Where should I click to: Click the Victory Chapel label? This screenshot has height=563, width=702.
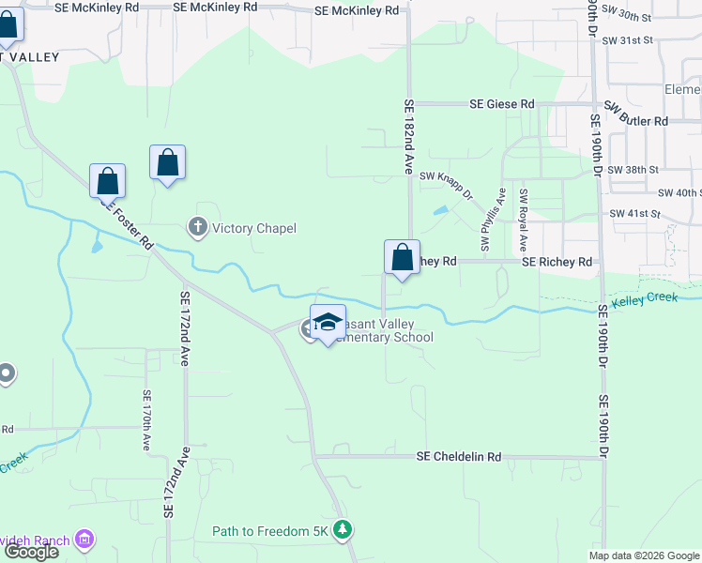pyautogui.click(x=253, y=228)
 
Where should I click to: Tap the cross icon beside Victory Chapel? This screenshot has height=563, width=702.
pyautogui.click(x=197, y=227)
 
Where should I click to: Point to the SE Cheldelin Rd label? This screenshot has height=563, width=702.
pyautogui.click(x=459, y=457)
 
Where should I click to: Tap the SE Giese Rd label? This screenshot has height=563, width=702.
pyautogui.click(x=502, y=104)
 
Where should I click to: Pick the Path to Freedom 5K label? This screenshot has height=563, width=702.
pyautogui.click(x=271, y=531)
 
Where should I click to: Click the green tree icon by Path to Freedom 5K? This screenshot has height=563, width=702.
pyautogui.click(x=343, y=531)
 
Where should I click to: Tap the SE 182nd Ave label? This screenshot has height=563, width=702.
pyautogui.click(x=409, y=137)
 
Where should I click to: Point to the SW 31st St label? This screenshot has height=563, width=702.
pyautogui.click(x=627, y=40)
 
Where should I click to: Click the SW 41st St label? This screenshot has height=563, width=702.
pyautogui.click(x=627, y=214)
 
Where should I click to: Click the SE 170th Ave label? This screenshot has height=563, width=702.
pyautogui.click(x=147, y=420)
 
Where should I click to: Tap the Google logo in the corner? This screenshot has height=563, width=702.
pyautogui.click(x=31, y=552)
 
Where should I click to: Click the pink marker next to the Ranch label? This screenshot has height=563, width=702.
pyautogui.click(x=85, y=539)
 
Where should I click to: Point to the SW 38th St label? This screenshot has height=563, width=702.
pyautogui.click(x=630, y=170)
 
